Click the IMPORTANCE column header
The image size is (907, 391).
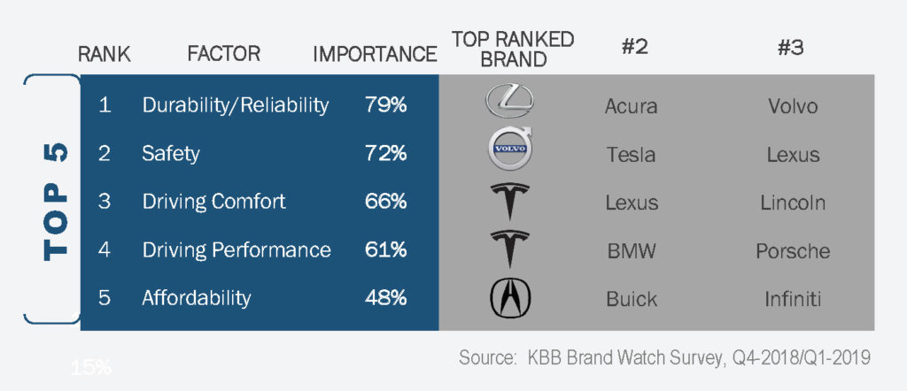pyautogui.click(x=375, y=54)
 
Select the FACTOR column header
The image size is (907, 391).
pyautogui.click(x=224, y=54)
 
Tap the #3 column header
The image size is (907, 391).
pyautogui.click(x=790, y=48)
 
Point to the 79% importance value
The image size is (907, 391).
pyautogui.click(x=386, y=105)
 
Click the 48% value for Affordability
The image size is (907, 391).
pyautogui.click(x=386, y=298)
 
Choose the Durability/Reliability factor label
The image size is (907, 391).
pyautogui.click(x=236, y=105)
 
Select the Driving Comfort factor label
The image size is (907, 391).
pyautogui.click(x=214, y=203)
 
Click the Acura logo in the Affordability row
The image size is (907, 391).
pyautogui.click(x=509, y=298)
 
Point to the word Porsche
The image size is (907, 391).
pyautogui.click(x=793, y=251)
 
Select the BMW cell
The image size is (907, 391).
pyautogui.click(x=632, y=251)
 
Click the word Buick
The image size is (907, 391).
pyautogui.click(x=632, y=299)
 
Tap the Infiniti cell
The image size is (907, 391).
pyautogui.click(x=793, y=299)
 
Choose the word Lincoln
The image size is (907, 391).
pyautogui.click(x=793, y=203)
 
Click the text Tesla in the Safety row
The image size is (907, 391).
pyautogui.click(x=631, y=154)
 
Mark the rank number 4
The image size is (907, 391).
pyautogui.click(x=105, y=250)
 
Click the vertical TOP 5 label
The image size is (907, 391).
pyautogui.click(x=56, y=202)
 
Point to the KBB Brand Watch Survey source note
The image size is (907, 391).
pyautogui.click(x=664, y=358)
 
